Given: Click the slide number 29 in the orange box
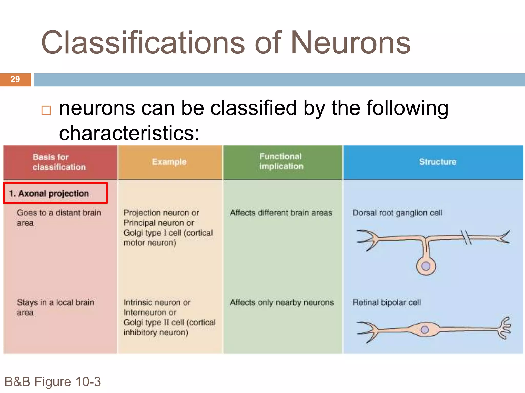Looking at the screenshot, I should click(15, 79).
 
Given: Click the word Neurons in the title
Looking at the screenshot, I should click(351, 43).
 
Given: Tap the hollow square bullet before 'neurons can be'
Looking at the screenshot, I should click(46, 110).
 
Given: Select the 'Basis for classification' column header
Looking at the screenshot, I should click(59, 162).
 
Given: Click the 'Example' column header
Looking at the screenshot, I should click(169, 162).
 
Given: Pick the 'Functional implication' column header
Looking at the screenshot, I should click(281, 161).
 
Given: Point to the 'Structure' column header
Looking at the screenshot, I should click(438, 162).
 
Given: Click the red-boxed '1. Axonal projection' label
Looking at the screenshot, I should click(55, 193).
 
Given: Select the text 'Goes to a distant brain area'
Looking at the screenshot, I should click(59, 218).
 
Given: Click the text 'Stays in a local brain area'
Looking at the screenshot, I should click(55, 307).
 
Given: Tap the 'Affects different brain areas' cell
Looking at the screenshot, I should click(281, 213).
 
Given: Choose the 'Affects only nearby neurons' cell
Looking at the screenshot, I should click(282, 302).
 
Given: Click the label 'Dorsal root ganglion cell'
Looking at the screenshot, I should click(397, 213).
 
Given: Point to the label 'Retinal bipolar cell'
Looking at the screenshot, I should click(387, 302).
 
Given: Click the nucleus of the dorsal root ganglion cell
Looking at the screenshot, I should click(426, 266).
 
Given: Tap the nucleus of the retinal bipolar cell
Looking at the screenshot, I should click(425, 330).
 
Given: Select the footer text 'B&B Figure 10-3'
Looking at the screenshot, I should click(53, 382).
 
